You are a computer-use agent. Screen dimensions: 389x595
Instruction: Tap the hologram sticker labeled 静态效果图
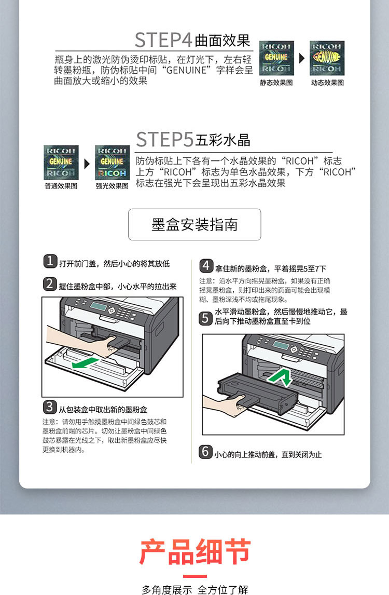pos(276,58)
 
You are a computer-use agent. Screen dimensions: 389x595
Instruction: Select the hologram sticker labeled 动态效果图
pos(327,58)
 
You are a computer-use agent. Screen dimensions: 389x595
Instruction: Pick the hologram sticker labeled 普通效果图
pos(61,163)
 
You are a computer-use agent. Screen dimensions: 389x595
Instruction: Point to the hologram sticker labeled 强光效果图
pos(112,163)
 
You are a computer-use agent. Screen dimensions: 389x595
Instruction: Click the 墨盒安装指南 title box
pos(195,225)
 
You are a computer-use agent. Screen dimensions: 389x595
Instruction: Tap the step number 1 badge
pos(50,261)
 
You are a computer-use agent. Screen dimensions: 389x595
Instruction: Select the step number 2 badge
pos(50,284)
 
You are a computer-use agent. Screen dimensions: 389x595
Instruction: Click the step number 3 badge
pos(50,407)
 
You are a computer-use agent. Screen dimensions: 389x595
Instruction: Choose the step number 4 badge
pos(206,266)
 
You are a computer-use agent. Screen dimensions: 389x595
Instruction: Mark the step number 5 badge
pos(205,318)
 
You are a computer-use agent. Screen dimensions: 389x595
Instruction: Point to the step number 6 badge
pos(205,452)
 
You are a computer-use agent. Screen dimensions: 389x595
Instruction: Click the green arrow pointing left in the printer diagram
pos(85,363)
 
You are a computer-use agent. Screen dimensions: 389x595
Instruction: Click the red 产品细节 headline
pos(195,551)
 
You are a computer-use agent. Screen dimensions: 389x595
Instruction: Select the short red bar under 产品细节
pos(195,576)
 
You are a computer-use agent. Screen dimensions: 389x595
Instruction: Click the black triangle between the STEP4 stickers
pos(302,58)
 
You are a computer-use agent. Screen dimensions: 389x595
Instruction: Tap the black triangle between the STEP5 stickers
pos(87,164)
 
